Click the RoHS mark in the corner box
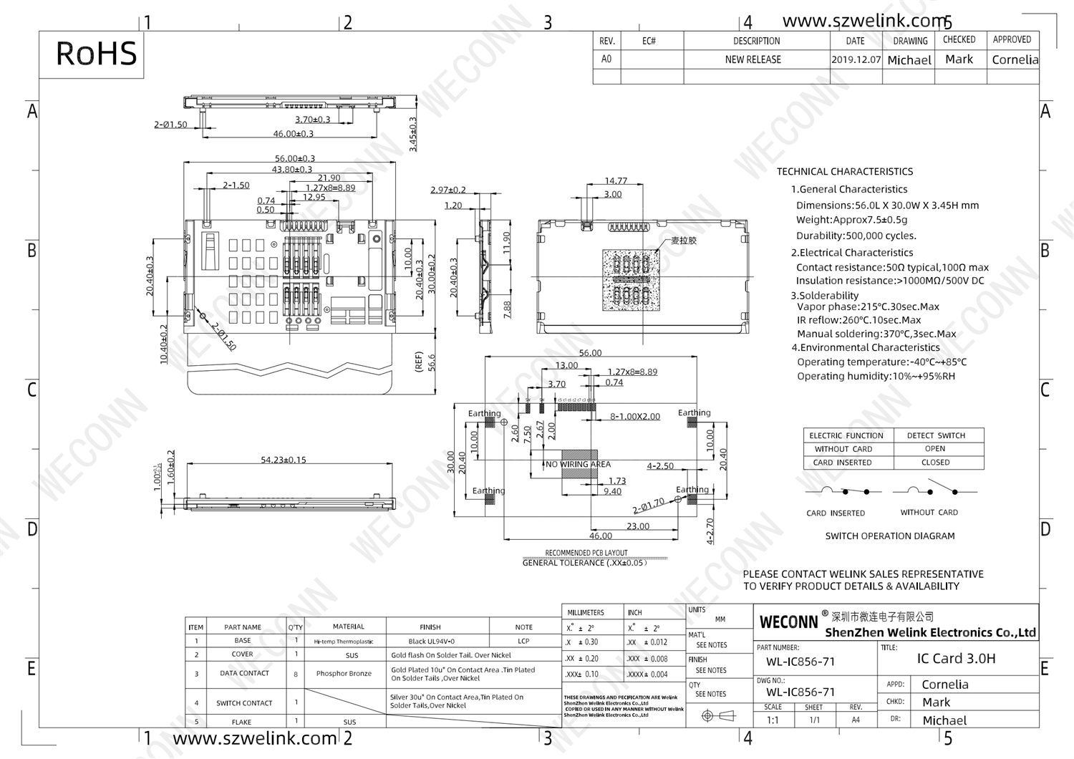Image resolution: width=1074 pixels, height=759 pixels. click(x=96, y=54)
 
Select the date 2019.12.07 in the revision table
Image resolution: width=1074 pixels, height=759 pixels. click(x=856, y=59)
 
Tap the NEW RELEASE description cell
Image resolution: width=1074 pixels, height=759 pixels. click(x=753, y=59)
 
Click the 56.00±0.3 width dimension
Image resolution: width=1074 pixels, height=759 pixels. click(x=294, y=158)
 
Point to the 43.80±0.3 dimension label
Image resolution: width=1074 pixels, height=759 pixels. click(x=291, y=169)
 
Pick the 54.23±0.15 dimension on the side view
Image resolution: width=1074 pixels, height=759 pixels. click(x=283, y=460)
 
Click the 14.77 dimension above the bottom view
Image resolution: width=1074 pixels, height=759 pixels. click(x=616, y=181)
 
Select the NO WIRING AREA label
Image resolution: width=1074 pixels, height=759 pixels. click(x=578, y=464)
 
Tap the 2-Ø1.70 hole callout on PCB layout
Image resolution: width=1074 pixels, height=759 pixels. click(x=649, y=506)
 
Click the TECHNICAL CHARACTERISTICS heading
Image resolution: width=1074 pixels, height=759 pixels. click(x=845, y=172)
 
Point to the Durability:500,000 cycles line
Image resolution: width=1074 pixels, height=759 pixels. click(x=856, y=236)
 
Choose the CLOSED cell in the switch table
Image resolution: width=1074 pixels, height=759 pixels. click(x=935, y=463)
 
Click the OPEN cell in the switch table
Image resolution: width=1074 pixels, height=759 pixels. click(x=935, y=449)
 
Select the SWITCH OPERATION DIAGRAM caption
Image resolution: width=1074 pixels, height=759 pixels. click(x=889, y=536)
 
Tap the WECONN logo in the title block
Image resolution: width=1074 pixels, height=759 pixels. click(x=788, y=622)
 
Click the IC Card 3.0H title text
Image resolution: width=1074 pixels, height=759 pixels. click(x=956, y=658)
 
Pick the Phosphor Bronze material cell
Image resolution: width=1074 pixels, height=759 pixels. click(x=344, y=674)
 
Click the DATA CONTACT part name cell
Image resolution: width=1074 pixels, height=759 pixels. click(x=244, y=674)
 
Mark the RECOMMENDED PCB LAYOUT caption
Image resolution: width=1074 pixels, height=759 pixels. click(x=586, y=553)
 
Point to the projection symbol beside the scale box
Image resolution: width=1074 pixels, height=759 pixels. click(x=718, y=715)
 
